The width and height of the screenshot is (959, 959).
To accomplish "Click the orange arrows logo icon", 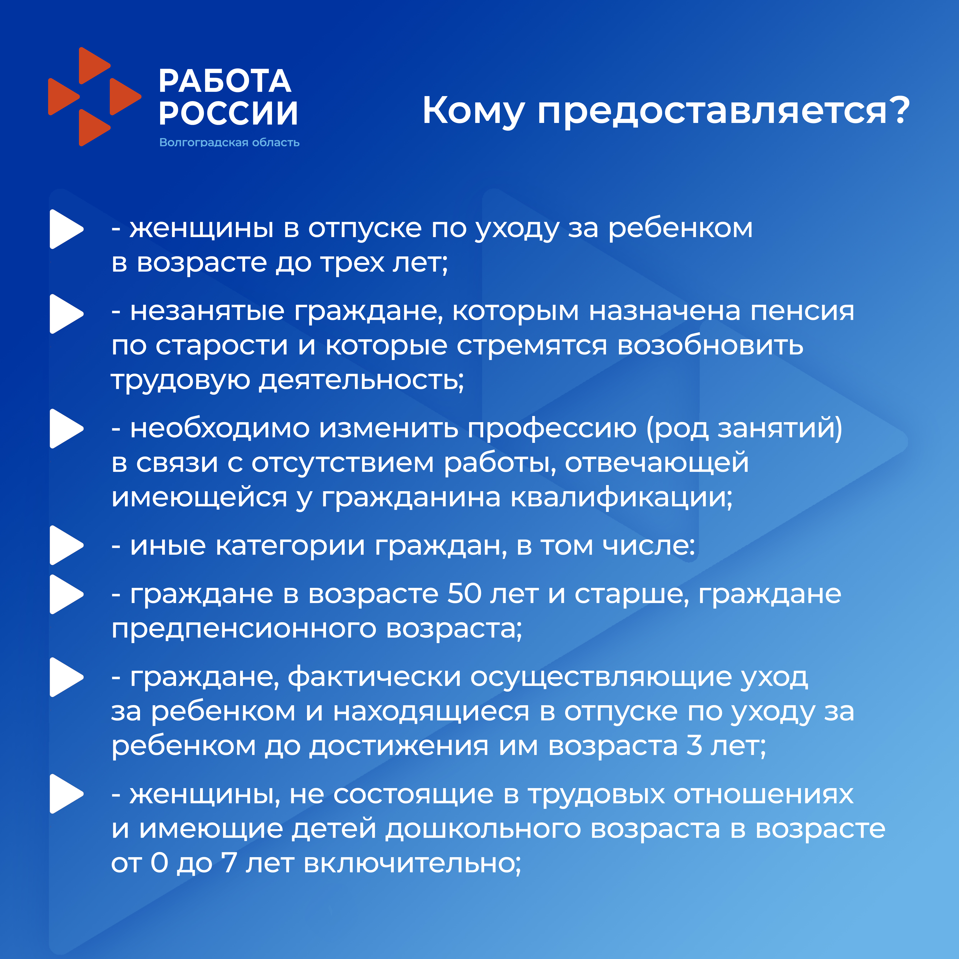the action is [94, 97].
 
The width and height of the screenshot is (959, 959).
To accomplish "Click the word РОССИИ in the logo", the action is [228, 113].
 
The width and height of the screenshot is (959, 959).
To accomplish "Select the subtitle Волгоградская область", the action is [229, 143].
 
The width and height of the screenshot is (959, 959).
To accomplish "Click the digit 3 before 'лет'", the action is [694, 745].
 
